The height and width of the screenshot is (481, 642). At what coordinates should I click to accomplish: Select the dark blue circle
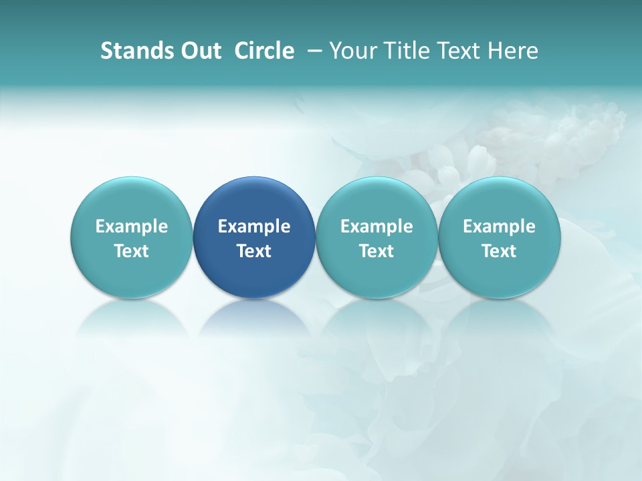coord(254,200)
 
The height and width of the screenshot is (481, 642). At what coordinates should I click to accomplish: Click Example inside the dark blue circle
coord(254,226)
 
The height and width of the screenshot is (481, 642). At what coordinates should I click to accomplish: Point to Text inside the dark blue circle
coord(254,251)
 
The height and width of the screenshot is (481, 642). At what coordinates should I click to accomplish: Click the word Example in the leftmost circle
coord(132,226)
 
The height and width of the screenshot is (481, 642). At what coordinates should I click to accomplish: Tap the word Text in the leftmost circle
coord(132,251)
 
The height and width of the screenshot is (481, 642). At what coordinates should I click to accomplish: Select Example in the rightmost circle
coord(499,226)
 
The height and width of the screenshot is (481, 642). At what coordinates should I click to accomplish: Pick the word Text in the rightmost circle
coord(499,251)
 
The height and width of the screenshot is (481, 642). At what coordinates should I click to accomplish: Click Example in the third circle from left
coord(377,226)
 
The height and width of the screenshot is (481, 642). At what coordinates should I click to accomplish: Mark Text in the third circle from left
coord(377,251)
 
